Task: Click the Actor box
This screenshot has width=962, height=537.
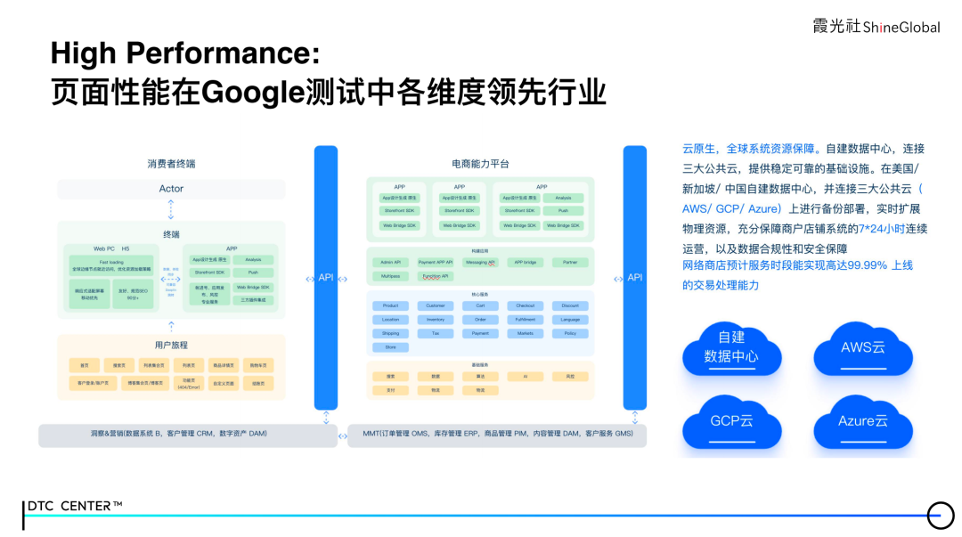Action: click(x=171, y=189)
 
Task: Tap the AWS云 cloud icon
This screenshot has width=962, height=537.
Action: click(x=863, y=348)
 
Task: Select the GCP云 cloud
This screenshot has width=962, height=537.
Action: click(x=732, y=420)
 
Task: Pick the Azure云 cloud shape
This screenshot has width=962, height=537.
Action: click(x=863, y=420)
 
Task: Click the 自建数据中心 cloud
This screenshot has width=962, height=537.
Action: click(x=731, y=348)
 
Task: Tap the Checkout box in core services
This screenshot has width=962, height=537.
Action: click(x=525, y=305)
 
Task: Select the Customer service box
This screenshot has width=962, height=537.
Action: click(x=435, y=305)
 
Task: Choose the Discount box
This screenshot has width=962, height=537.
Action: click(x=570, y=305)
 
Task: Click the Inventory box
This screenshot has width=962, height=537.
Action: click(x=435, y=319)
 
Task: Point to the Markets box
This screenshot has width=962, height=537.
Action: click(x=525, y=333)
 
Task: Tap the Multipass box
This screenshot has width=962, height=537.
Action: click(x=390, y=276)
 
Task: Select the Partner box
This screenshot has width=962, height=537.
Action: click(x=570, y=262)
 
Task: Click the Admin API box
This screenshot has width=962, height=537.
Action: click(x=390, y=262)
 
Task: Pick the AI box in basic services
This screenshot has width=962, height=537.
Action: click(x=525, y=377)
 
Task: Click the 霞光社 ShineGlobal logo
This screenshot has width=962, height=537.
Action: click(x=876, y=27)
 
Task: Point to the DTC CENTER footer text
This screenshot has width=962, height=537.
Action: click(x=75, y=506)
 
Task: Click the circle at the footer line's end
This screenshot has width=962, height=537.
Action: click(x=941, y=515)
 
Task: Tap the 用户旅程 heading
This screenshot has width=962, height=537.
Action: click(x=171, y=345)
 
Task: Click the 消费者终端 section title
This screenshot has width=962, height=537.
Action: click(x=171, y=164)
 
